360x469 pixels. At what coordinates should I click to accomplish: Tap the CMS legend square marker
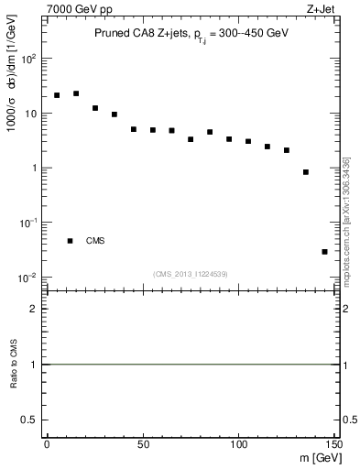[x=70, y=241]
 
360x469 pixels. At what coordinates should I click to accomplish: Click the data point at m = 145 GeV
[x=324, y=251]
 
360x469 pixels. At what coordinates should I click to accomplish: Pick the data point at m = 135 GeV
[x=305, y=172]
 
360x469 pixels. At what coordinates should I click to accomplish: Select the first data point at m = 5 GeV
[x=57, y=95]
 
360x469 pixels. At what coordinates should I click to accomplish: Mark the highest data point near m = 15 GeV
[x=76, y=93]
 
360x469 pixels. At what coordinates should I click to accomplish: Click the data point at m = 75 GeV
[x=191, y=139]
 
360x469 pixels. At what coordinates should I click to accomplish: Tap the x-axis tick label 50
[x=142, y=444]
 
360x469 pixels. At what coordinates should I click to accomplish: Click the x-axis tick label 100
[x=238, y=444]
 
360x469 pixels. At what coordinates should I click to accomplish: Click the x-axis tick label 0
[x=47, y=444]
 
